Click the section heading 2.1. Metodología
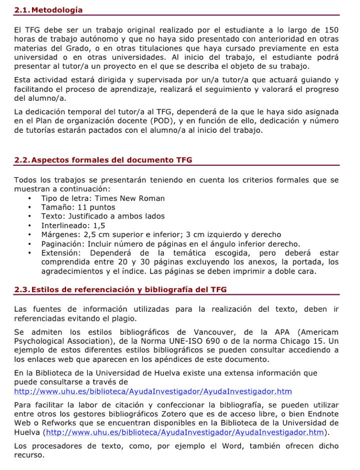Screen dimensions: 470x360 tap(49, 10)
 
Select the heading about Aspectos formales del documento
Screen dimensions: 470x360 tap(103, 160)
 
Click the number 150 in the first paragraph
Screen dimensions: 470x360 tap(331, 30)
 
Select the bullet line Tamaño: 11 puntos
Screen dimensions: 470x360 tap(78, 207)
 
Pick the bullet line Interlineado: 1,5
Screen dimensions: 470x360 tap(73, 225)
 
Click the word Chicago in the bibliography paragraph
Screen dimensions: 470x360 tap(299, 341)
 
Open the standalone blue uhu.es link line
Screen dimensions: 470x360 tap(153, 391)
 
